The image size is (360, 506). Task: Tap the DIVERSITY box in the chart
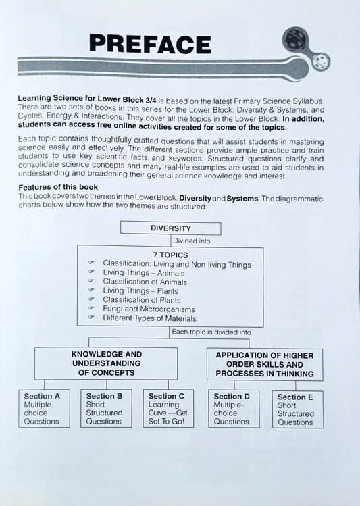point(170,228)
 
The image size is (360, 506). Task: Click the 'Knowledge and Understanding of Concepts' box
point(107,363)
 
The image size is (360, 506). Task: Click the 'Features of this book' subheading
point(59,186)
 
